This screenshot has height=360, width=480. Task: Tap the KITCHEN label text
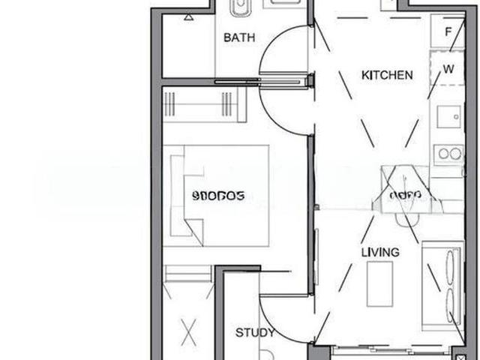point(387,75)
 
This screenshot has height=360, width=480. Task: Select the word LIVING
point(379,252)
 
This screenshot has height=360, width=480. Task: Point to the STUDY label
point(255,333)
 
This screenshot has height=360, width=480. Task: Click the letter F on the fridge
point(448,33)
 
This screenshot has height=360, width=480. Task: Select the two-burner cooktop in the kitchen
point(450,154)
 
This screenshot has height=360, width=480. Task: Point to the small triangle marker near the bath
point(187,16)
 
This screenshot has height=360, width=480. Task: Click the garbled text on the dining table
point(406,196)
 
